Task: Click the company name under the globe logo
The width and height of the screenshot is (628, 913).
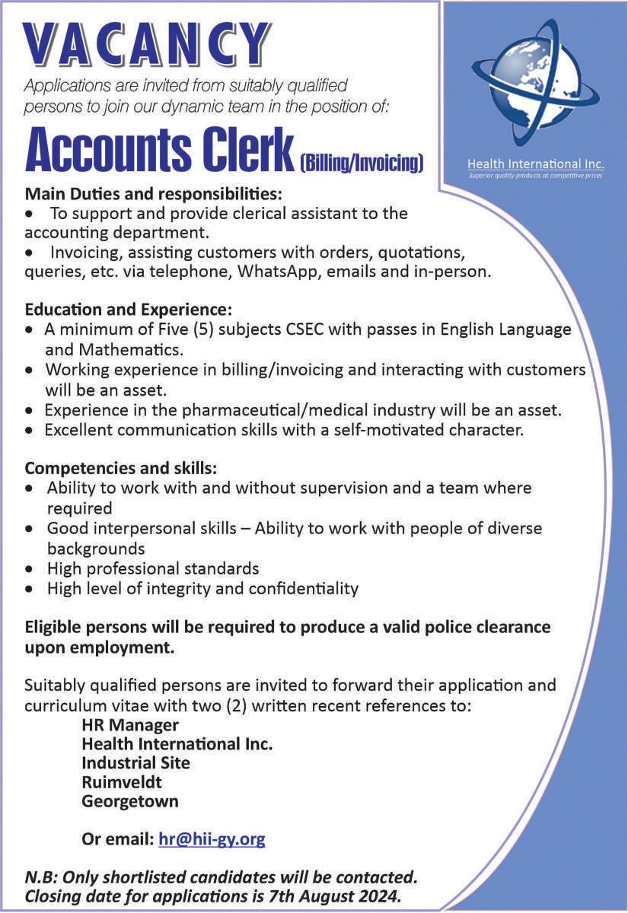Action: [535, 164]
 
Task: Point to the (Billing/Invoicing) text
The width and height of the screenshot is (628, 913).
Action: [362, 161]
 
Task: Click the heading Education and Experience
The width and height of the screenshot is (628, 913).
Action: [128, 310]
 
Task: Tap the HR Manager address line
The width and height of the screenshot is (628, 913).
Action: [130, 724]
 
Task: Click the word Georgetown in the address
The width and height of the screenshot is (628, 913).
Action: [130, 801]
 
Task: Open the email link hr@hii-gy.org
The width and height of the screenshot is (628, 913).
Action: [212, 840]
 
